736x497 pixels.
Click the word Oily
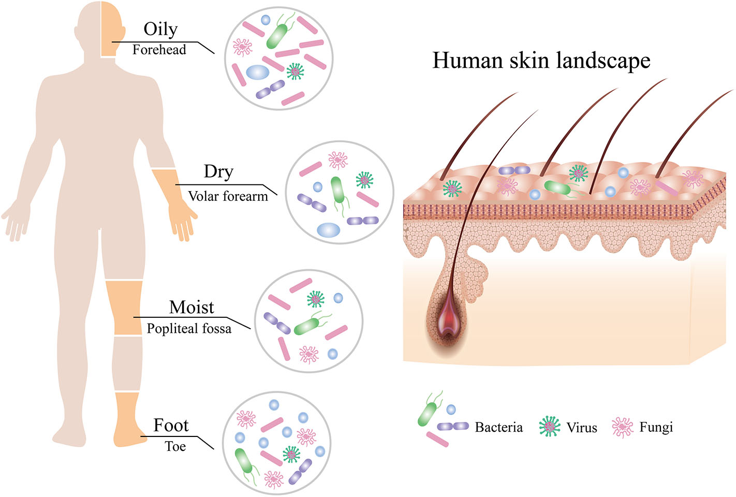160,30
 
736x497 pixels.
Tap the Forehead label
159,50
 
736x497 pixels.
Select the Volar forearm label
228,196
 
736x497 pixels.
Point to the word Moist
192,308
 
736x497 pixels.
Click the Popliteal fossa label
189,329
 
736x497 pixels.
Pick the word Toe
175,446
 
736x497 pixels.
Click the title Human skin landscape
541,61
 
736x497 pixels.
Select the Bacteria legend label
498,428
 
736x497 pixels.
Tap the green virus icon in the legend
550,427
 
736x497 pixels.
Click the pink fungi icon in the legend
622,427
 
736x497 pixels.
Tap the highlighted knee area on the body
124,308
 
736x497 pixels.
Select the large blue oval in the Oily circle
257,72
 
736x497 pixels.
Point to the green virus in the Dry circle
365,180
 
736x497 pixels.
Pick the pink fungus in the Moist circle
308,354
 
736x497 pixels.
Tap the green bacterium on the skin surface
557,187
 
